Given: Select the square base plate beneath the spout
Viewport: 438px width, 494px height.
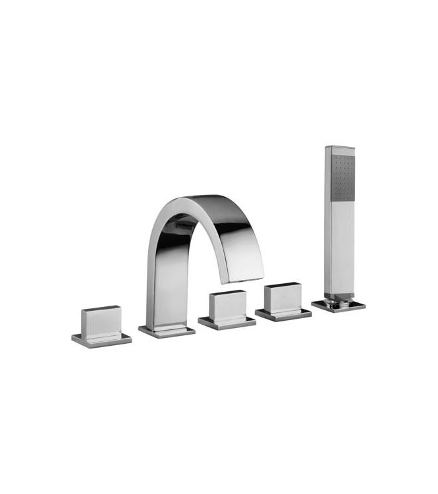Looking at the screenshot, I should (167, 331).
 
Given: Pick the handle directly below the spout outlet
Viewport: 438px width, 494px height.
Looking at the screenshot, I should (227, 306).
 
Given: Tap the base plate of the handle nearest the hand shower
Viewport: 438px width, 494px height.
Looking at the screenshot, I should (283, 314).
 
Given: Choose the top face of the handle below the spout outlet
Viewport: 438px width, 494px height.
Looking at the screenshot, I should (227, 292).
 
